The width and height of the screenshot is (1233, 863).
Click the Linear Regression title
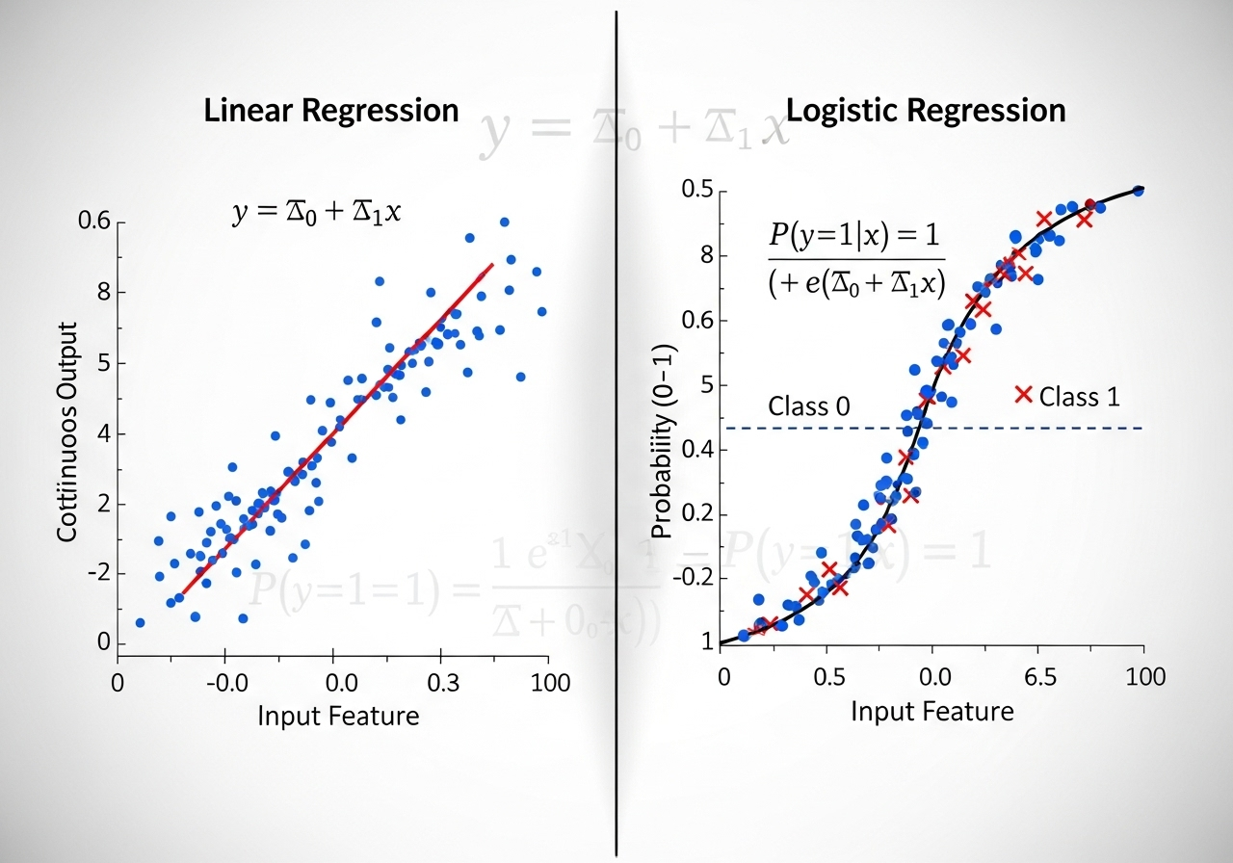pos(330,110)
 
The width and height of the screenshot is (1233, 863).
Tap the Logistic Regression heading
pos(926,110)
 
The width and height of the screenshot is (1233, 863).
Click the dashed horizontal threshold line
pos(1060,428)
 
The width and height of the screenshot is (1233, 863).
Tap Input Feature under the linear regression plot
pos(338,716)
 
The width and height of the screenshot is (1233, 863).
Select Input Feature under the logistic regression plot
pos(932,711)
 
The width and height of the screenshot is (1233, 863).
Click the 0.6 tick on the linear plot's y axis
pos(94,222)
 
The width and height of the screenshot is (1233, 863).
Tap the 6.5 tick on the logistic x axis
pos(1038,676)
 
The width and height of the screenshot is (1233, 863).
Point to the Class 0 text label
pos(808,406)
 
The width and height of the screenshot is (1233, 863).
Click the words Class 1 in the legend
pos(1079,396)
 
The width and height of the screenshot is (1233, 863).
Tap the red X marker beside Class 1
pos(1024,394)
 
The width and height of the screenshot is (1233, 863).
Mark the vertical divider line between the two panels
pos(616,433)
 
